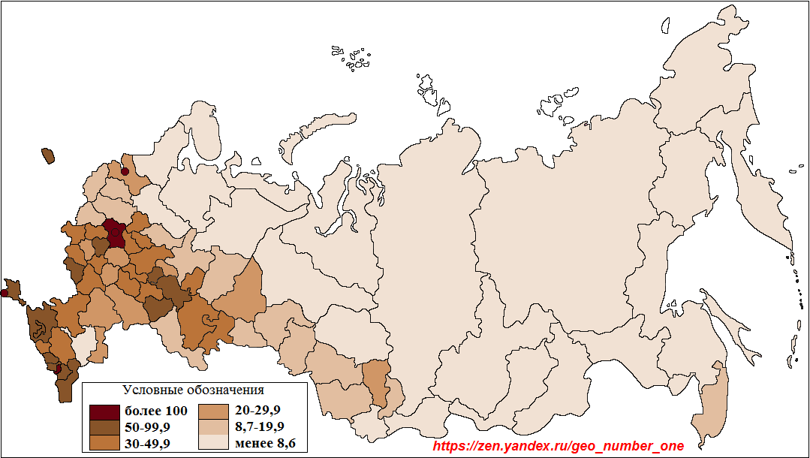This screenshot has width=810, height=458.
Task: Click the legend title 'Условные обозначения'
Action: click(193, 390)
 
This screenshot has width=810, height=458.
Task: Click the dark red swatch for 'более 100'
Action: click(104, 411)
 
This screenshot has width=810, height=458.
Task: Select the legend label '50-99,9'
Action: click(147, 427)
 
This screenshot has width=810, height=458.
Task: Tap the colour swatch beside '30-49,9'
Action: click(104, 443)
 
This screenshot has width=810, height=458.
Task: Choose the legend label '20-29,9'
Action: click(257, 411)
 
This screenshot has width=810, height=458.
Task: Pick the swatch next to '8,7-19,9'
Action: click(213, 427)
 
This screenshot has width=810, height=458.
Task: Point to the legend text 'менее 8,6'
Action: click(265, 443)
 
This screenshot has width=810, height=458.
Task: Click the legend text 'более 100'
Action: click(155, 411)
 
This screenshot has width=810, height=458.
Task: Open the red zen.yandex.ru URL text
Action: click(559, 446)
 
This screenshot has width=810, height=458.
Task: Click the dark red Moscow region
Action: click(115, 234)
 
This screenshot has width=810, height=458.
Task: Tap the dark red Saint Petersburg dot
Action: click(125, 172)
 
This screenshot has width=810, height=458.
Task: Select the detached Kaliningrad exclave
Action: click(48, 155)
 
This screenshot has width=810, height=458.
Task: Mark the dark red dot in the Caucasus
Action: click(58, 369)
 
